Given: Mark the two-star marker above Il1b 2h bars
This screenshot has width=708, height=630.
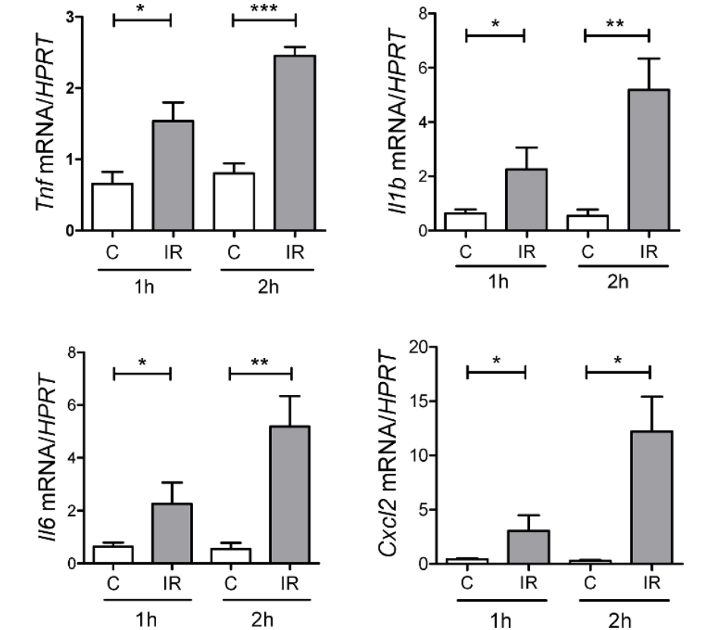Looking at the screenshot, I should click(616, 23).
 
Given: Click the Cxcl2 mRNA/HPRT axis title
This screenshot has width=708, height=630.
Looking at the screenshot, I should click(402, 451).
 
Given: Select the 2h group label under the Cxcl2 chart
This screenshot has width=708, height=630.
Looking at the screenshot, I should click(619, 620).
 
